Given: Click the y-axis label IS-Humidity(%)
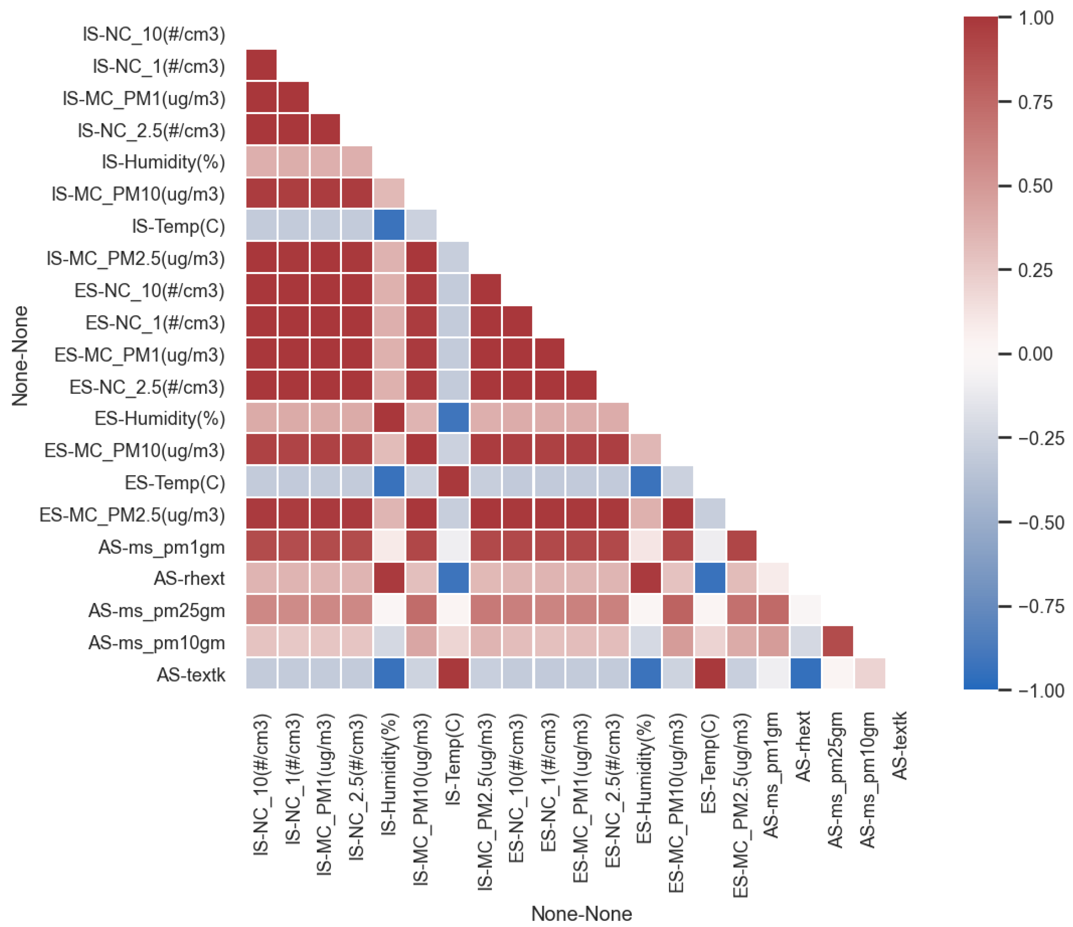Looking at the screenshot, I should [163, 162].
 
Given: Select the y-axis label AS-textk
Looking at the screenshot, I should [191, 675].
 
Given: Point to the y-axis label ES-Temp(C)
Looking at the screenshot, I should [175, 482].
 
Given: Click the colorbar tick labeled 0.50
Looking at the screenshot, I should [1035, 186].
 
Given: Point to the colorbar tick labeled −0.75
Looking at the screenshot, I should [1040, 607].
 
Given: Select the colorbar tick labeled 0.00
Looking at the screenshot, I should [1035, 354].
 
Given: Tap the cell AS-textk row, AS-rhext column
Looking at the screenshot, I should [806, 674].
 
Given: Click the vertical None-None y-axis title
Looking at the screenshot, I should [20, 356].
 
